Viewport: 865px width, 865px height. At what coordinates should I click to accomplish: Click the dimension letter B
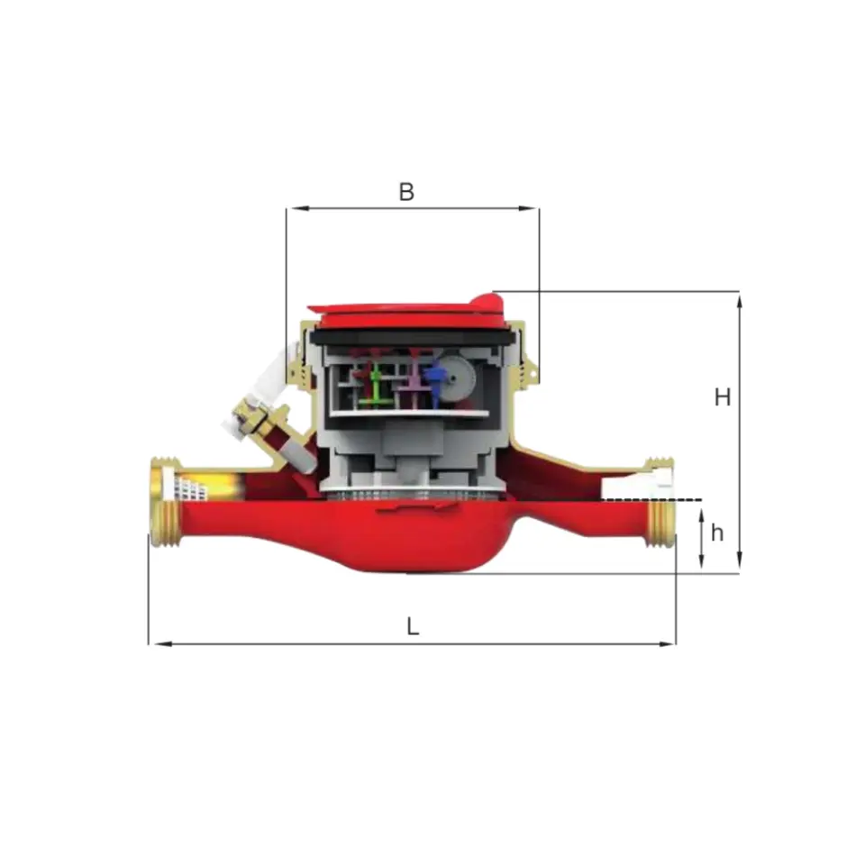coord(406,192)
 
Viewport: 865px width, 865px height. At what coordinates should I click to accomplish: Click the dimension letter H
coord(722,397)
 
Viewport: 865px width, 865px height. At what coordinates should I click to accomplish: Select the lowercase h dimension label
coord(717,533)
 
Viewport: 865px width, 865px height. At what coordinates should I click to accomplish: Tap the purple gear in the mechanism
coord(412,382)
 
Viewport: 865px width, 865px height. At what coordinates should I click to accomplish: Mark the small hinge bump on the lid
coord(485,297)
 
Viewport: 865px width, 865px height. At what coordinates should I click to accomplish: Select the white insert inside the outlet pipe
coord(656,481)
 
